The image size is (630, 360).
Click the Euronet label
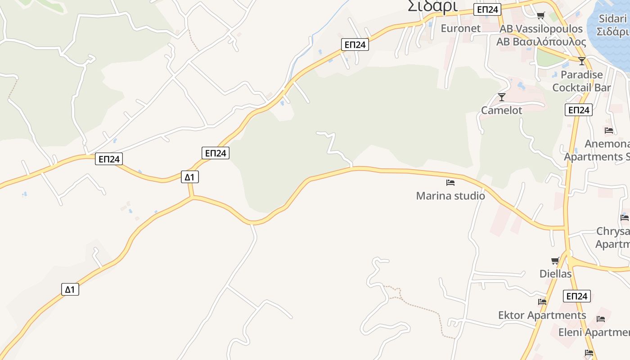[460, 28]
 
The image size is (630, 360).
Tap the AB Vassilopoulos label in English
[541, 29]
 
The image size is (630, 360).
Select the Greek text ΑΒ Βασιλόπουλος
[541, 42]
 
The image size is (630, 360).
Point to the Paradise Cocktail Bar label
[581, 81]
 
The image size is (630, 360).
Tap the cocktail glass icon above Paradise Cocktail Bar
[582, 61]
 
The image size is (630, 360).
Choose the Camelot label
[501, 110]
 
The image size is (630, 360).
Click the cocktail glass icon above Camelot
[502, 97]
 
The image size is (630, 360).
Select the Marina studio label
[450, 196]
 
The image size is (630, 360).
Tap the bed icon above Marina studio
[450, 183]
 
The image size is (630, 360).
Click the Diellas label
[555, 274]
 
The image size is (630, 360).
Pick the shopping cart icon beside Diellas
[555, 261]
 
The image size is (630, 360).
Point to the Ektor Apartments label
[542, 315]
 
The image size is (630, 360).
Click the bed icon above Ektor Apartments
[542, 302]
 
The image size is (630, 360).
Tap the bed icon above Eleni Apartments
[601, 319]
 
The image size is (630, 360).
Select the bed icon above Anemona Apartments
[609, 130]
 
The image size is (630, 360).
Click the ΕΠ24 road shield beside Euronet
[487, 9]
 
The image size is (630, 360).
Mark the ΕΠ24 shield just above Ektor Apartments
[576, 296]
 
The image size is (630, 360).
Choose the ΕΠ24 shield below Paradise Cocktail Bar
[579, 110]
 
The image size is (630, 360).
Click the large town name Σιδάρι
[432, 6]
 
